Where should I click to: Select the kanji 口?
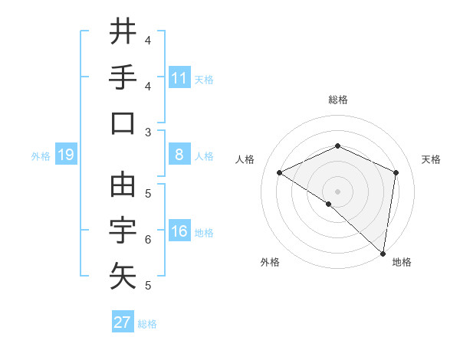(x=123, y=123)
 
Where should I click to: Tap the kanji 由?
(x=123, y=184)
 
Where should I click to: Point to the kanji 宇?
(x=123, y=230)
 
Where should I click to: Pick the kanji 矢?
(x=123, y=277)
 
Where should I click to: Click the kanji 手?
(x=123, y=77)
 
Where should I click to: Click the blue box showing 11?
(x=179, y=78)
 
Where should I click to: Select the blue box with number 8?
(x=179, y=155)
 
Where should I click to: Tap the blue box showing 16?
(x=179, y=232)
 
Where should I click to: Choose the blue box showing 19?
(x=66, y=155)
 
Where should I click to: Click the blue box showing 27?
(x=123, y=322)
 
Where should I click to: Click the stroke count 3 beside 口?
(x=148, y=132)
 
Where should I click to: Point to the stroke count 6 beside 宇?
(x=148, y=240)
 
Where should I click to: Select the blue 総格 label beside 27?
(x=147, y=323)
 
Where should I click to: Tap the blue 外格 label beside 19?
(x=41, y=156)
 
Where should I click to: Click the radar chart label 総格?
(x=337, y=100)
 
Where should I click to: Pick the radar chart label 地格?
(x=402, y=262)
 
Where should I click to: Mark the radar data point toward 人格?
(x=280, y=172)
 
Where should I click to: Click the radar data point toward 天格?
(x=396, y=172)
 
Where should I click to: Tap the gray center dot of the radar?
(x=337, y=190)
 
